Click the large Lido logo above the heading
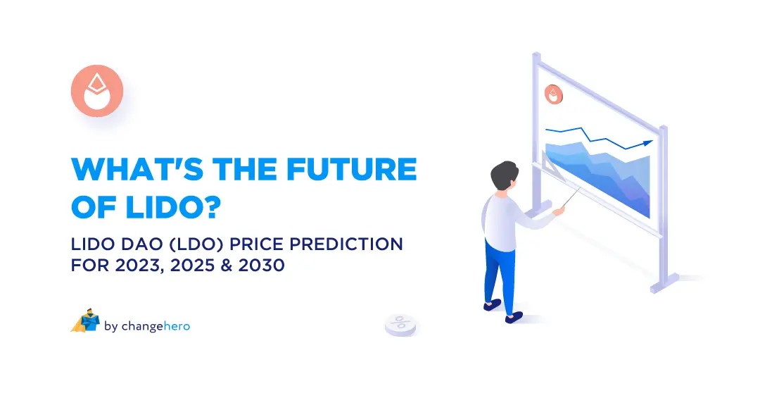tap(97, 91)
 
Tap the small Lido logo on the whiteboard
tap(554, 95)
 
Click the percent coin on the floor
tap(400, 323)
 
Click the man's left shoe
tap(492, 304)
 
